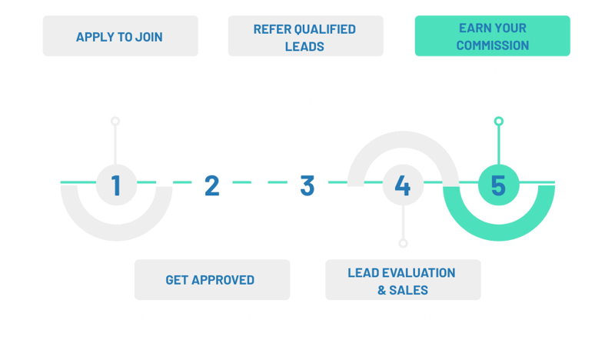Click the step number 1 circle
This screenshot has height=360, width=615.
[115, 185]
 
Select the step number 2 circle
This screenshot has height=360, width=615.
[211, 185]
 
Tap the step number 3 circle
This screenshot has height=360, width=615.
[307, 185]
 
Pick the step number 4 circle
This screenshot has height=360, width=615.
[402, 185]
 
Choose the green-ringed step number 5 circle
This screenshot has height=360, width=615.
[498, 185]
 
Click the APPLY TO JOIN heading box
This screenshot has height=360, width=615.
[120, 36]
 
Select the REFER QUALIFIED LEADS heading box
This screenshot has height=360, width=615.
[304, 37]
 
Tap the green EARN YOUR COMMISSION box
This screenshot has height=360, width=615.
[493, 37]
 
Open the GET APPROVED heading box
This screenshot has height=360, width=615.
[211, 279]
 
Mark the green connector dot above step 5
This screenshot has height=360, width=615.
[498, 121]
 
